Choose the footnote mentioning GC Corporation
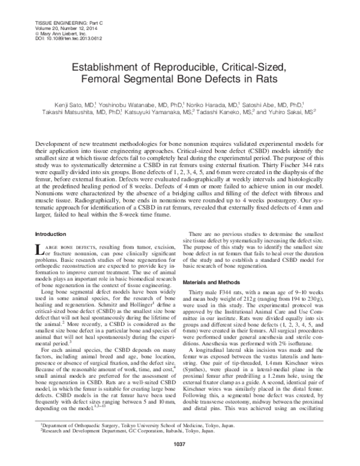coord(118,447)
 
